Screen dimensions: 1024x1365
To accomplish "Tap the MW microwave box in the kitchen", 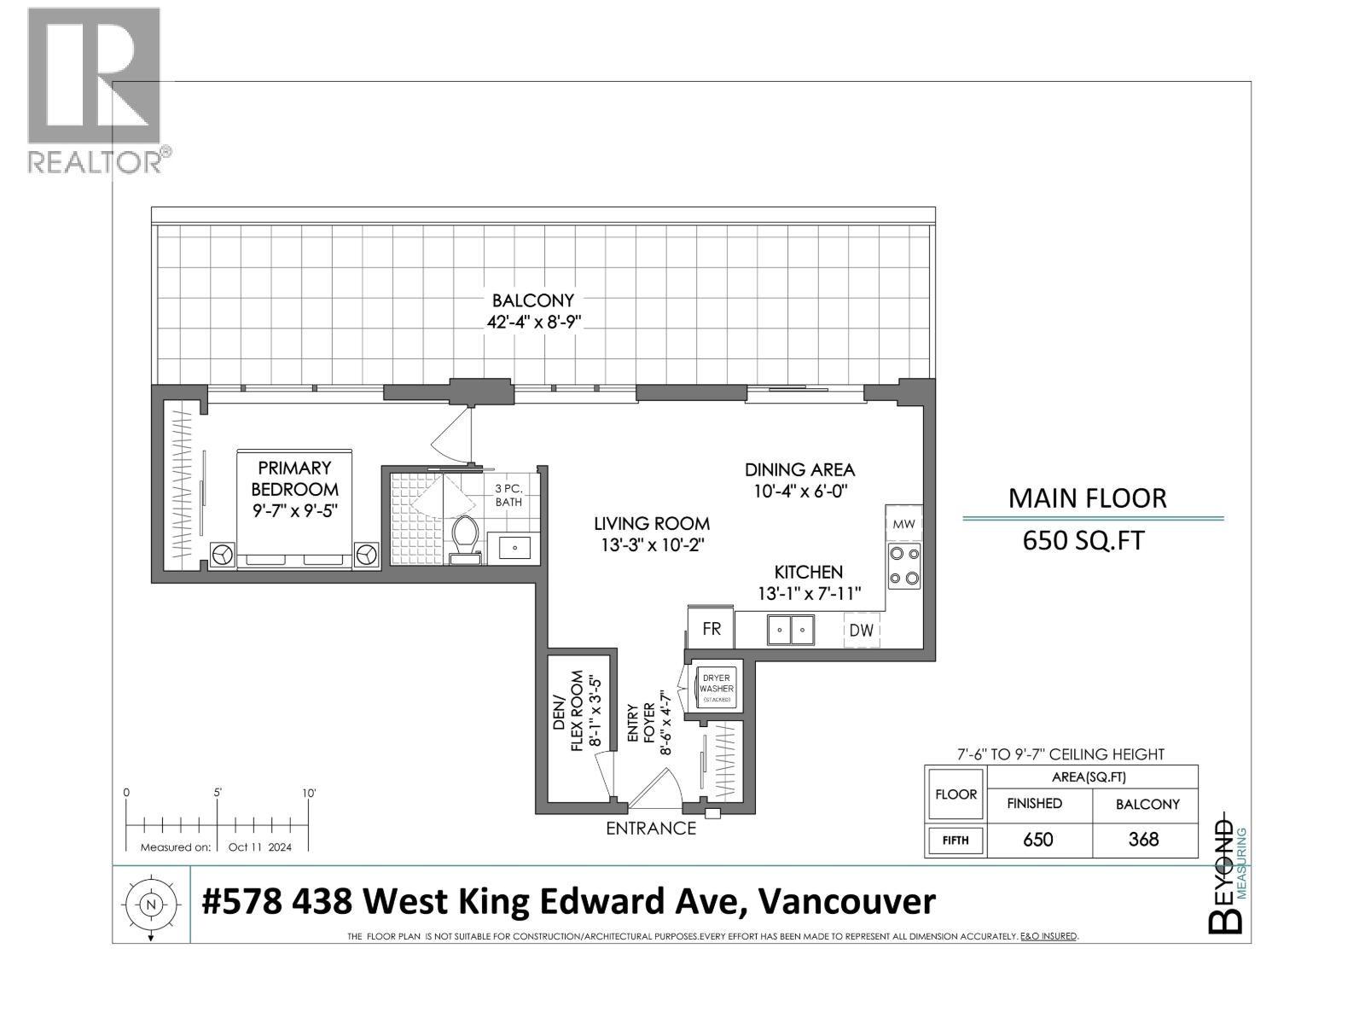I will (904, 523).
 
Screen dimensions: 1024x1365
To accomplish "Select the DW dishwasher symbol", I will (861, 630).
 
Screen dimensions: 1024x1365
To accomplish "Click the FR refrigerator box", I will (711, 629).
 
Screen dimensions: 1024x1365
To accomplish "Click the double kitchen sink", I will (791, 630).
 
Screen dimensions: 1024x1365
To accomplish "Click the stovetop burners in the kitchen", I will (904, 565).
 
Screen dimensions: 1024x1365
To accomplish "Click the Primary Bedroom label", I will (294, 479).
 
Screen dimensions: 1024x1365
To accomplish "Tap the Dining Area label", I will (799, 469).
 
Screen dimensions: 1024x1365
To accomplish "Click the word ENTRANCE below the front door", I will (651, 828).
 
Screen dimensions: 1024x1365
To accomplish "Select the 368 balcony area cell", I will (1142, 839).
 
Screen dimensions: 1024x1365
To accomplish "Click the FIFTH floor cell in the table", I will (955, 840).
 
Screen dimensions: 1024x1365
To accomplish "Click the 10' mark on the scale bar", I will (309, 793).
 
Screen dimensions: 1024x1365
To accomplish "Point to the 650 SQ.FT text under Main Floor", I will (1083, 540).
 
